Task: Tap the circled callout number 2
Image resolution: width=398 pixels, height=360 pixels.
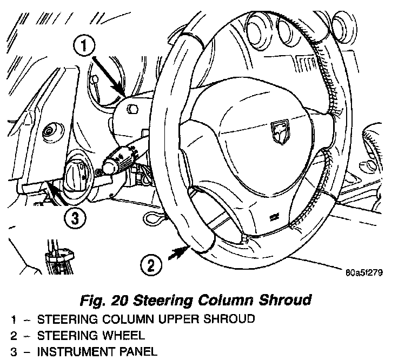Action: (x=151, y=265)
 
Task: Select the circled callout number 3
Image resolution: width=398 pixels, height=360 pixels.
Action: (x=75, y=219)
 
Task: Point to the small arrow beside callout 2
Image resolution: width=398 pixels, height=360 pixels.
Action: (x=174, y=254)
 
